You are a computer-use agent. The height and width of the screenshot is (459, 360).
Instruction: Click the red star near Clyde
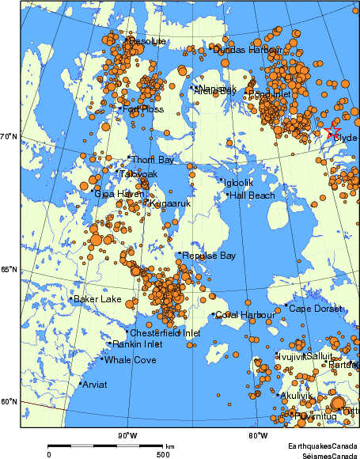pos(332,128)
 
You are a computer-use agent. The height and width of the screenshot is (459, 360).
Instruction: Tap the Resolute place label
pos(147,41)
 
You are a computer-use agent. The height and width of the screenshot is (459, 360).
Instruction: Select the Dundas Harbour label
pos(248,50)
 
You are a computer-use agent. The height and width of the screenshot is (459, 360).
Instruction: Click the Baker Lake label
pos(98,299)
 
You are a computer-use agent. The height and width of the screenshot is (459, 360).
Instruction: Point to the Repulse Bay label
pos(209,256)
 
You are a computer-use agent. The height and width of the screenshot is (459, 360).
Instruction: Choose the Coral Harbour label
pos(245,315)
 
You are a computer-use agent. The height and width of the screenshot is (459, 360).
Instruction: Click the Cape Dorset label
pos(315,308)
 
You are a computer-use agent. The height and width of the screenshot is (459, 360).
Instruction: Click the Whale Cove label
pos(131,360)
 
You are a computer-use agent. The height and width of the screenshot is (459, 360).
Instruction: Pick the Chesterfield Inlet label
pos(165,333)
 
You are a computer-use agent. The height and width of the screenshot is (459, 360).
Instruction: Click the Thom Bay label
pos(153,160)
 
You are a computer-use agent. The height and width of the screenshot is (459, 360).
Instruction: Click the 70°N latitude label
pos(9,137)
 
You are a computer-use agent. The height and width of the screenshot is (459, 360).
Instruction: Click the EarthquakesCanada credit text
pos(323,446)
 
